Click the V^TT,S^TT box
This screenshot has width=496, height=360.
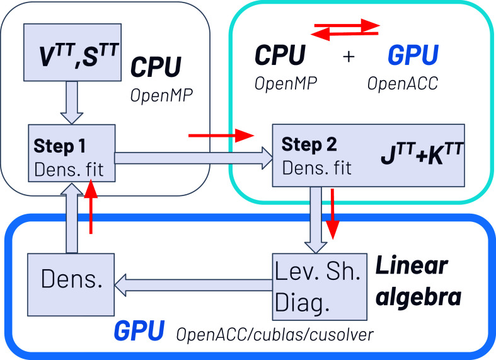(x=72, y=52)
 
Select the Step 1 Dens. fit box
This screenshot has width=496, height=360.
(x=72, y=153)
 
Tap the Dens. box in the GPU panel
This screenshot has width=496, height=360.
(x=71, y=284)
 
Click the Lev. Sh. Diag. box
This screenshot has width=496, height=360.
(x=320, y=287)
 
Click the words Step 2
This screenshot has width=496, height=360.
(x=309, y=144)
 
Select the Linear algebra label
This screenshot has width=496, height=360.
(x=418, y=281)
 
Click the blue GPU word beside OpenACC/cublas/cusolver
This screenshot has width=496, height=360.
(x=139, y=330)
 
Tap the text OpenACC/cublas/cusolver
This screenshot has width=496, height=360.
(x=275, y=334)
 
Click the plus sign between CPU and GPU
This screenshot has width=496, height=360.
(x=349, y=57)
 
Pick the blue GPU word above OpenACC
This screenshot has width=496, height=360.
(x=413, y=54)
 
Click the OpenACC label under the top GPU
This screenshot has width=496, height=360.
(x=403, y=83)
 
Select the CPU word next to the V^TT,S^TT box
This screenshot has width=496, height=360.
(x=156, y=67)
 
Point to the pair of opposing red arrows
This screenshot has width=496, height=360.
(x=345, y=30)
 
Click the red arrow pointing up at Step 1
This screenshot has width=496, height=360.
(x=91, y=206)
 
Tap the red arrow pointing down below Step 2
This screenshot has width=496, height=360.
(x=332, y=214)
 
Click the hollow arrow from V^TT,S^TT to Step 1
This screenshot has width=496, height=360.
(x=72, y=103)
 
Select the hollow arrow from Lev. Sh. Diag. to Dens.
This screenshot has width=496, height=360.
(x=193, y=285)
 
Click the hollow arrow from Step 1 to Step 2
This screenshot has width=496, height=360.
(x=193, y=158)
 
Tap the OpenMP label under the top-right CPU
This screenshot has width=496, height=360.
(x=286, y=83)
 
